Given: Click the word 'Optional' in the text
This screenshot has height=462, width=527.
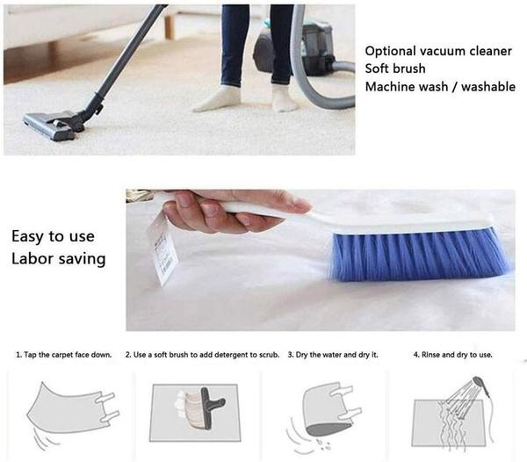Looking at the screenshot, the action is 390,51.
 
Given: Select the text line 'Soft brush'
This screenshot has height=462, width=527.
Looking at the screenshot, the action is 395,69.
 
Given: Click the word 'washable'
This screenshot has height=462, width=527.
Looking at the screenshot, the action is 488,87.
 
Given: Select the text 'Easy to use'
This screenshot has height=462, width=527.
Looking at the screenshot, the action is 53,236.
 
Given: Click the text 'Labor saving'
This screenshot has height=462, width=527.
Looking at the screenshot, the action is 59,259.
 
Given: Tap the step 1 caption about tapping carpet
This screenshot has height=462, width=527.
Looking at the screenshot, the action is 64,355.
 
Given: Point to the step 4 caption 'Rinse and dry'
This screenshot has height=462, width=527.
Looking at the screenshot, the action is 438,355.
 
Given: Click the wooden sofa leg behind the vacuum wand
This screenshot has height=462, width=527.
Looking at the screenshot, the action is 170,27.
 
